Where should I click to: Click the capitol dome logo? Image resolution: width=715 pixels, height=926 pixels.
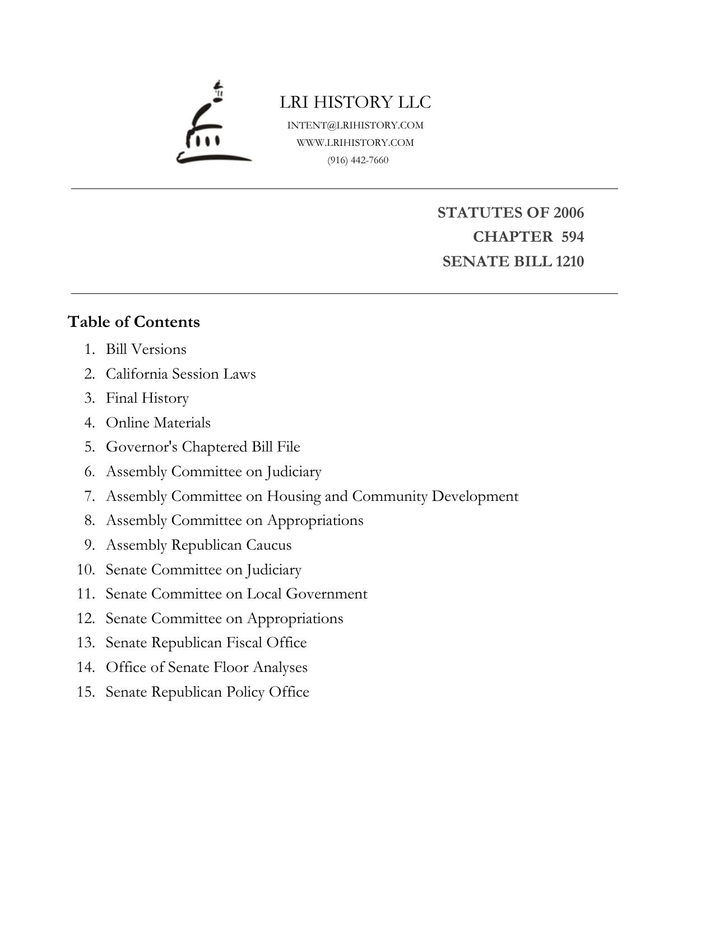213,125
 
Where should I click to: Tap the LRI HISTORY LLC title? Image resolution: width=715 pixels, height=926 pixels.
355,102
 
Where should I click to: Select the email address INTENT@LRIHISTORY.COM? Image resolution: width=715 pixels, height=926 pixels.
355,125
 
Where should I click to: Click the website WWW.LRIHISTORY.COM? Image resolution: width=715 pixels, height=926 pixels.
355,142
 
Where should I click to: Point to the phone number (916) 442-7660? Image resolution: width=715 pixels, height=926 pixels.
357,160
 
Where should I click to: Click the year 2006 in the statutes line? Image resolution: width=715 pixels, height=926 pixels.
569,213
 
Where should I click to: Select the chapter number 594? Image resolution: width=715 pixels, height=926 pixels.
572,237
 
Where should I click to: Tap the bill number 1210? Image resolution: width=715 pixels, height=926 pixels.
570,261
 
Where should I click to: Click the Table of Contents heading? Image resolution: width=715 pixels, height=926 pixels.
134,322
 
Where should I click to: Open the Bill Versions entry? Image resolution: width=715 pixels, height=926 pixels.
146,349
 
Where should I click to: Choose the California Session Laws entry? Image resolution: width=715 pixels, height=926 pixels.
180,374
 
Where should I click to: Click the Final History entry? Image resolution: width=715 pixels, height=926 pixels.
147,398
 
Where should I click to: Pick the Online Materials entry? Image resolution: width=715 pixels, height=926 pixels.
158,423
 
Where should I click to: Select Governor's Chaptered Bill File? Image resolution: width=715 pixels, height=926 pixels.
203,447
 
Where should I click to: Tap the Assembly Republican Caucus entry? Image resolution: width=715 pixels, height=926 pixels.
198,545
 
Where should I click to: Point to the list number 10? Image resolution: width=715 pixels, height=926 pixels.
86,570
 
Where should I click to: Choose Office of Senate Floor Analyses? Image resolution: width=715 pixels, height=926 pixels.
206,667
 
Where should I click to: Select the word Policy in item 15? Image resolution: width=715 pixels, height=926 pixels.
245,692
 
